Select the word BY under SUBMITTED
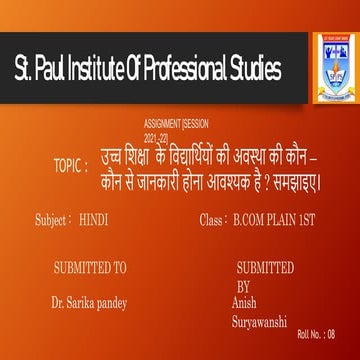click(244, 283)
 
